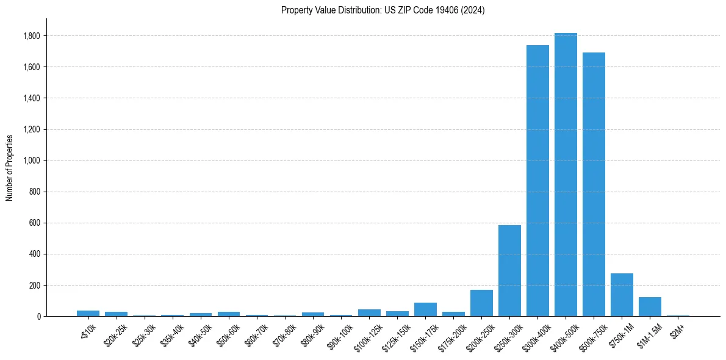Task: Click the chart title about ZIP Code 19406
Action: point(383,10)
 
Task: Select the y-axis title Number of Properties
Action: point(10,167)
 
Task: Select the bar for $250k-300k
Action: point(509,271)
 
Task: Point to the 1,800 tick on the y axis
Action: point(32,36)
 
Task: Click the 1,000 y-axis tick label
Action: point(32,160)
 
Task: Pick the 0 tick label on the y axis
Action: point(38,316)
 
